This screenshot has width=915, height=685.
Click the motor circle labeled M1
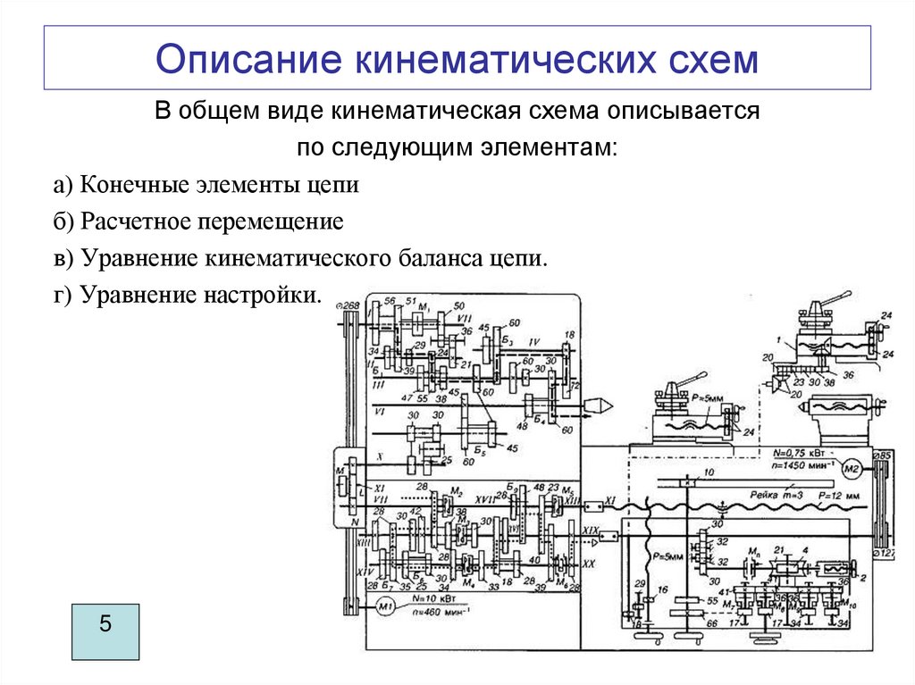(385, 607)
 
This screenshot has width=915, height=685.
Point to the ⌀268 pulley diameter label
(348, 306)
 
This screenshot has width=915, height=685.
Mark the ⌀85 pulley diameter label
(882, 455)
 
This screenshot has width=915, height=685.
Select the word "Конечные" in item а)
(134, 186)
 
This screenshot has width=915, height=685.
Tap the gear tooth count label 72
(574, 387)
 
